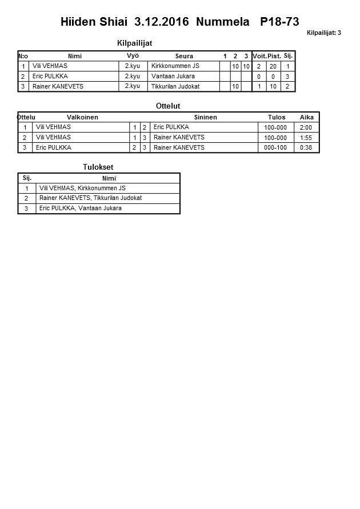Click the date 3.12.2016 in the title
click(161, 22)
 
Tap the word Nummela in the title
click(222, 22)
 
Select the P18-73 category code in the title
click(279, 22)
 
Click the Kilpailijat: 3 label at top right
click(323, 33)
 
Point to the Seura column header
click(184, 56)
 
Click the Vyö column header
click(133, 56)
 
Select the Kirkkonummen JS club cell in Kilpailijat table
click(175, 66)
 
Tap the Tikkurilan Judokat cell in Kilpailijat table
click(175, 86)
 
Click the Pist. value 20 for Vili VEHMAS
click(273, 66)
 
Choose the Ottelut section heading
click(168, 106)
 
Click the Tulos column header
click(277, 117)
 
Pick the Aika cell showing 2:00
click(306, 127)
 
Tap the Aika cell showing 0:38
click(306, 147)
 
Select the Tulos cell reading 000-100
click(275, 147)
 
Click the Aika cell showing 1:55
click(306, 138)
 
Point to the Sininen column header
click(205, 117)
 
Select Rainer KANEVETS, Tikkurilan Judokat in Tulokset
click(90, 198)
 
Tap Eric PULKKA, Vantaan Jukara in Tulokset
click(81, 209)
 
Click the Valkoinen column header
click(83, 117)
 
